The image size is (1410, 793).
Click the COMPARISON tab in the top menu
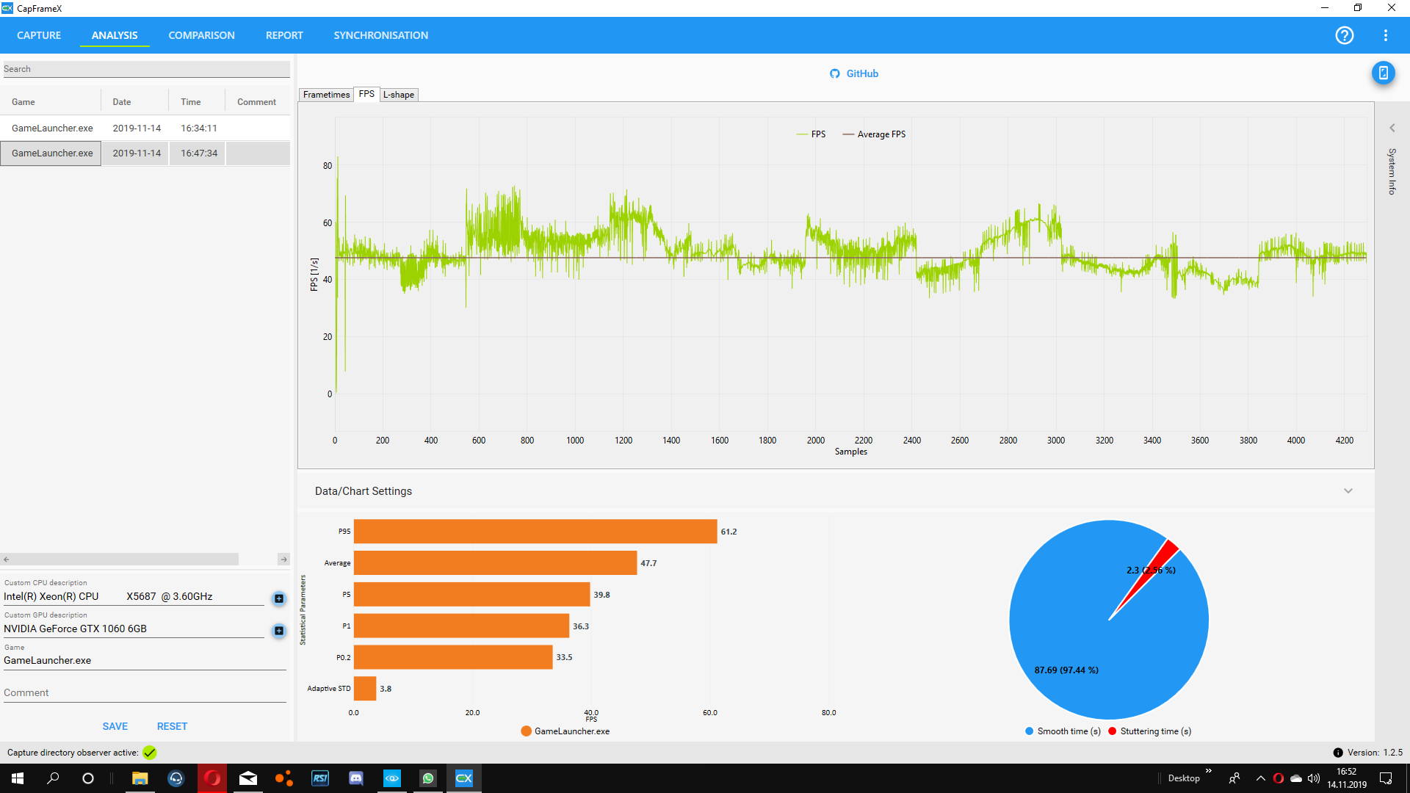(x=201, y=35)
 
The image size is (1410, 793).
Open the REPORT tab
(x=284, y=35)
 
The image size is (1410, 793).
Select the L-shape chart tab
(x=399, y=95)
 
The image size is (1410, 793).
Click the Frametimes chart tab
(x=326, y=95)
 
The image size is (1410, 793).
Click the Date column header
(x=122, y=102)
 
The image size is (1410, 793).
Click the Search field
(x=145, y=69)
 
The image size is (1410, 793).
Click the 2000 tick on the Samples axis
(x=816, y=441)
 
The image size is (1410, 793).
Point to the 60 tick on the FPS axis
(x=328, y=223)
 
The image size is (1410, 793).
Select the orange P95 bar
(x=535, y=532)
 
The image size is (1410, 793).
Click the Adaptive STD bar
(x=365, y=689)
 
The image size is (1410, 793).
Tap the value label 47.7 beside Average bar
(x=648, y=563)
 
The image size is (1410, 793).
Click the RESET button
(x=172, y=726)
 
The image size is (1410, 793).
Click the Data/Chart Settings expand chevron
(x=1348, y=491)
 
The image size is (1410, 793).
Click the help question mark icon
(x=1345, y=35)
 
